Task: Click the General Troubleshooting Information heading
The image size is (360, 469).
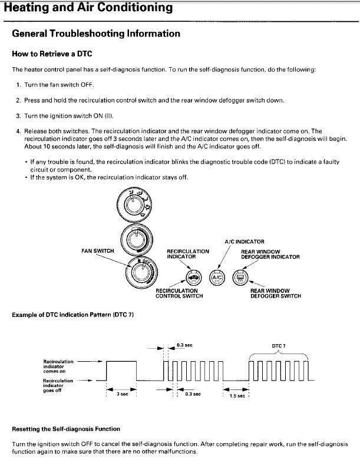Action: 96,34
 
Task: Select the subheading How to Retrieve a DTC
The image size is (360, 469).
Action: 52,53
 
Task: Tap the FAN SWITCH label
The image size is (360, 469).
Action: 97,251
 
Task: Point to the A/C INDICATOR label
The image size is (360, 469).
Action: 245,242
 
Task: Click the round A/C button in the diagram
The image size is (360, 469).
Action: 217,277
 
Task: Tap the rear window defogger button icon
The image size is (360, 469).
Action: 240,277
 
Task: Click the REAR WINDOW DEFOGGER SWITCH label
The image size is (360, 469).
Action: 275,293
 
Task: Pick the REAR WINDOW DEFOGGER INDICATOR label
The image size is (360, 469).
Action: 270,254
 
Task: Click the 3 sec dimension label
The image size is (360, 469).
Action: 121,394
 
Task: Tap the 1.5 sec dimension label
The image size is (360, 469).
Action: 237,396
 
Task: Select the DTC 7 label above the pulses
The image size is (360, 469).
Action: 279,346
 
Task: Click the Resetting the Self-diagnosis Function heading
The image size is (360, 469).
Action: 66,429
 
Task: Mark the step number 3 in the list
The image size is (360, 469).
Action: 18,115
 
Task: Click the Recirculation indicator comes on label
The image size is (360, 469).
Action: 58,366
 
